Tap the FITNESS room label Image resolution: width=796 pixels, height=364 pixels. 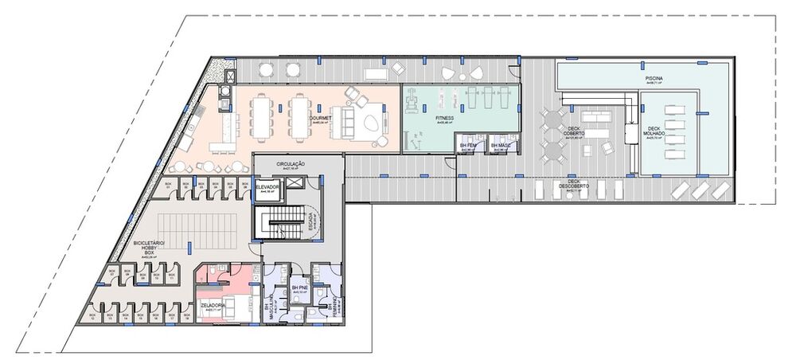444,118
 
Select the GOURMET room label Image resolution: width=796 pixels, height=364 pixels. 320,119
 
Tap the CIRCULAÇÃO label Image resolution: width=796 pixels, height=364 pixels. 291,165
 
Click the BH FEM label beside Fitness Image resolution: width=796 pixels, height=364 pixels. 469,145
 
